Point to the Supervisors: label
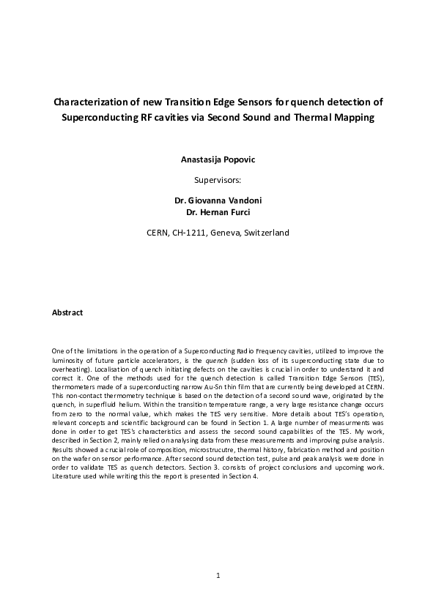click(218, 178)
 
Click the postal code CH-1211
click(188, 233)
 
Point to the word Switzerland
click(263, 233)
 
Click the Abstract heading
click(67, 312)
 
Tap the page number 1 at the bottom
click(218, 576)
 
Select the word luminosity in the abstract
click(70, 361)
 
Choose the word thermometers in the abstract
click(75, 387)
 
